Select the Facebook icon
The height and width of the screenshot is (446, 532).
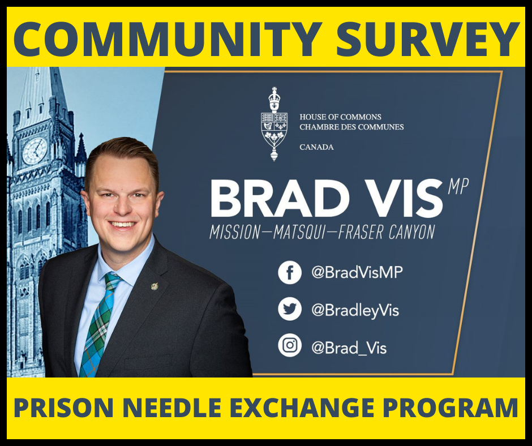coord(290,273)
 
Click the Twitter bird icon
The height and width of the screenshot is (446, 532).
coord(290,310)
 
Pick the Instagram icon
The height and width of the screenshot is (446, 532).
coord(290,346)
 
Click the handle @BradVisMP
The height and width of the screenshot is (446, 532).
coord(357,273)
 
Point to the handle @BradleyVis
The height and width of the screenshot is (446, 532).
coord(355,310)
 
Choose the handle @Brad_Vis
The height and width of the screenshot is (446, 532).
coord(349,347)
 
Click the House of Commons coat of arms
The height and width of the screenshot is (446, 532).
coord(274,124)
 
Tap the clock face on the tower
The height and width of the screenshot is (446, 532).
coord(35,151)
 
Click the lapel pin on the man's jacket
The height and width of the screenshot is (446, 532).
coord(155,286)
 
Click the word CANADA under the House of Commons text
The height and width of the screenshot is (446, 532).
coord(316,147)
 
